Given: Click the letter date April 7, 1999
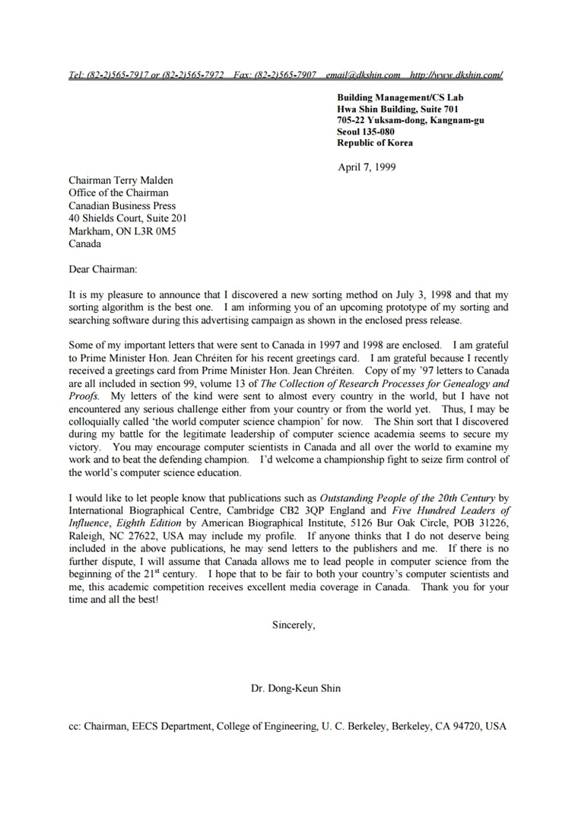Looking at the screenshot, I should pyautogui.click(x=367, y=167).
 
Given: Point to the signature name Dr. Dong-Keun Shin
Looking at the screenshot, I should pyautogui.click(x=296, y=688).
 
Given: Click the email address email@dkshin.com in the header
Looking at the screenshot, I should pyautogui.click(x=363, y=75).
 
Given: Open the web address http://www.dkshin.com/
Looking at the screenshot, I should pyautogui.click(x=456, y=75).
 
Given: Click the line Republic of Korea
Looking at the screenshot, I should pyautogui.click(x=375, y=142).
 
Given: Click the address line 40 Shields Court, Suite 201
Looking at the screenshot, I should pyautogui.click(x=128, y=218).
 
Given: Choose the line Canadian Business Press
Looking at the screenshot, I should pyautogui.click(x=122, y=205).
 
